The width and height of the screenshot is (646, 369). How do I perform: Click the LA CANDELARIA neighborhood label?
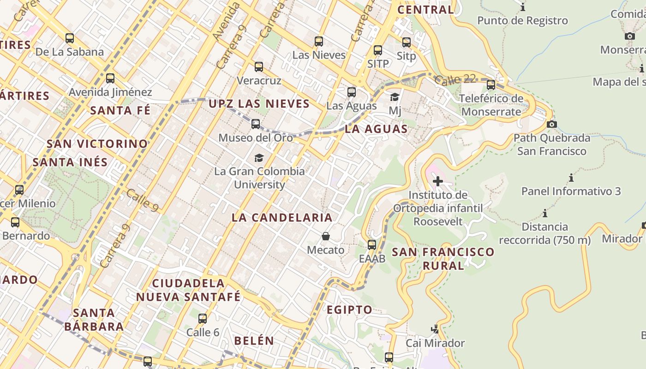(x=282, y=218)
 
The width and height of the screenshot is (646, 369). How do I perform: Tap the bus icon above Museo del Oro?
(x=256, y=124)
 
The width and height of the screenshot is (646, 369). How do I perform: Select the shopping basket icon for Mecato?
(x=326, y=236)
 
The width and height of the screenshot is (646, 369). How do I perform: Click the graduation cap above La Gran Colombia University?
(x=259, y=158)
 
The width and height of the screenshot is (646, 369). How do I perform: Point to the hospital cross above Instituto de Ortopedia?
(x=437, y=181)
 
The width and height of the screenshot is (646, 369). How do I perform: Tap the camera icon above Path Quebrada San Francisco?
(x=551, y=124)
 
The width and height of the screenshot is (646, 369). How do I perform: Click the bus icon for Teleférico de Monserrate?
(x=491, y=85)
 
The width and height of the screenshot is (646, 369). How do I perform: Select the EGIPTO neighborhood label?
(x=349, y=309)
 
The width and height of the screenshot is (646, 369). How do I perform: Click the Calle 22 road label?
(x=455, y=79)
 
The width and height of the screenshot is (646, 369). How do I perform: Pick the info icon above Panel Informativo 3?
(x=571, y=178)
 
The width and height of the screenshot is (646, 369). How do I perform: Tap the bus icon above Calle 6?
(x=202, y=318)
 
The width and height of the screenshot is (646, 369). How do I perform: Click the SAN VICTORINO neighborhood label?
(x=97, y=144)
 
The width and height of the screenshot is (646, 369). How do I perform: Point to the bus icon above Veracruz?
(x=259, y=67)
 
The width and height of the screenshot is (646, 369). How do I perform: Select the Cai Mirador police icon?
(x=435, y=329)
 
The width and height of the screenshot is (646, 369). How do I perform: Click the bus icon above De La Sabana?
(x=70, y=38)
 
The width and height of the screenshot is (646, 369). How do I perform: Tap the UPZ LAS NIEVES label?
(x=259, y=104)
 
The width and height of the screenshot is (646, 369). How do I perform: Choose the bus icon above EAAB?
(x=372, y=245)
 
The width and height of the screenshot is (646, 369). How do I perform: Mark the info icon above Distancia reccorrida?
(x=545, y=213)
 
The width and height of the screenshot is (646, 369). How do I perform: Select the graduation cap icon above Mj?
(x=395, y=97)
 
